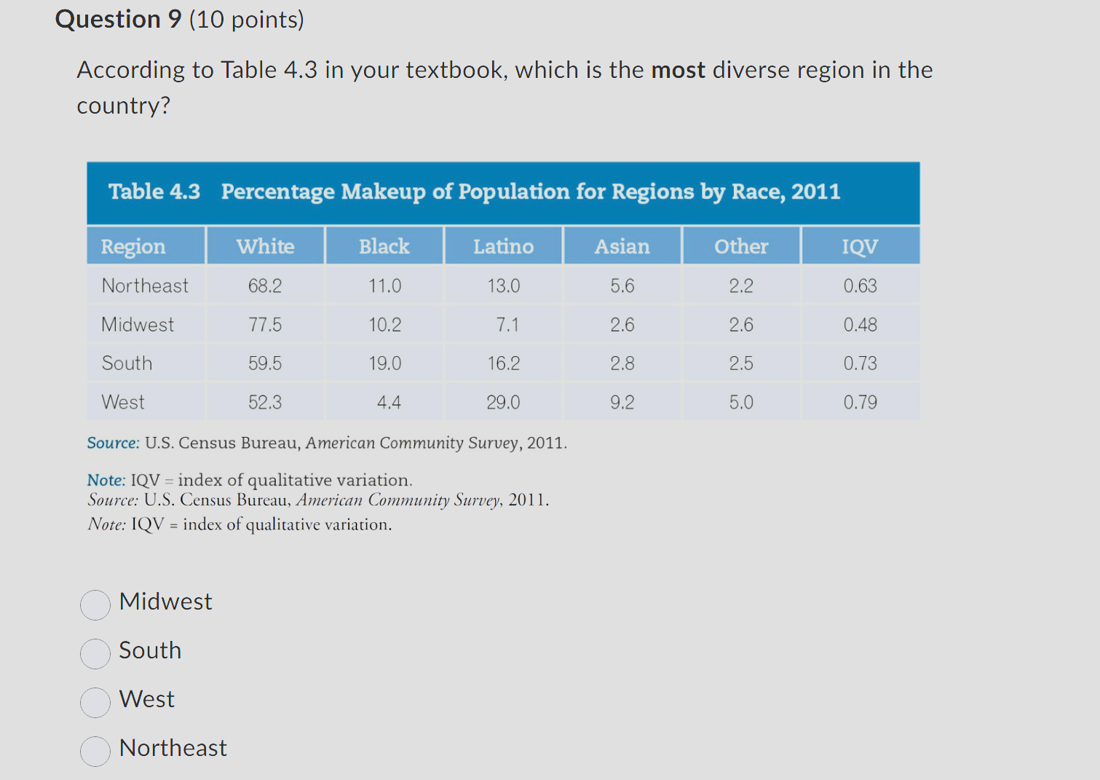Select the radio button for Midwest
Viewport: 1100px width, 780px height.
click(95, 604)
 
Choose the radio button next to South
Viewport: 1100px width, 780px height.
click(95, 653)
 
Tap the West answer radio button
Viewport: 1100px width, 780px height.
click(95, 702)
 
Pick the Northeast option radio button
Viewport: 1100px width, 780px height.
click(95, 751)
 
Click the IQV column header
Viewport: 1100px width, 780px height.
click(860, 246)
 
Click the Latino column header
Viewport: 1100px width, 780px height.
click(503, 246)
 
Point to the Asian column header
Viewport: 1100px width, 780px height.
click(622, 246)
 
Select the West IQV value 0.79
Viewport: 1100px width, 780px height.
click(860, 402)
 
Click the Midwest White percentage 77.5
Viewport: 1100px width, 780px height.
click(265, 325)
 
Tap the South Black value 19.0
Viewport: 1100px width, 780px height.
click(384, 363)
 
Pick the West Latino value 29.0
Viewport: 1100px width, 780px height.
click(503, 402)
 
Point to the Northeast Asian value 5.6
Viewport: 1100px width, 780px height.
click(622, 285)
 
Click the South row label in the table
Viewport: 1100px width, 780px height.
click(127, 363)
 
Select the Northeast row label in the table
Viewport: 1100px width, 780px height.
click(145, 285)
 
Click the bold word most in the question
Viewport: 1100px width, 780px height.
click(678, 70)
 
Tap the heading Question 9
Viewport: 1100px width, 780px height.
click(118, 19)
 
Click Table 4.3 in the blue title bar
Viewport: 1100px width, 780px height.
click(154, 192)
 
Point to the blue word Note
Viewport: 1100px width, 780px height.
click(106, 480)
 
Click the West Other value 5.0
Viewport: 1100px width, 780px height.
click(741, 402)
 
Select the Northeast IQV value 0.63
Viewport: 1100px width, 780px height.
click(860, 285)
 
